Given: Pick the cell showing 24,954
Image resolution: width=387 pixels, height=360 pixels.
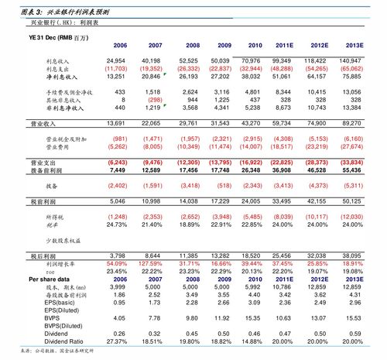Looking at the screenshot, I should coord(115,60).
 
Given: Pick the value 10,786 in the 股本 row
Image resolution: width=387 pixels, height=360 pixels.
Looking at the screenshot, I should coord(282,286).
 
